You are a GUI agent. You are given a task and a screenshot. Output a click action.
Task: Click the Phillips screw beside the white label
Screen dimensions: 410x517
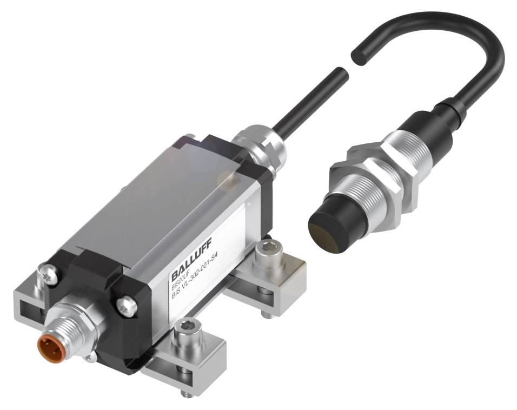coord(125,306)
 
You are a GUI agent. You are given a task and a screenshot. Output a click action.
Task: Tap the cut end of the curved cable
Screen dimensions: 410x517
coord(357,54)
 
